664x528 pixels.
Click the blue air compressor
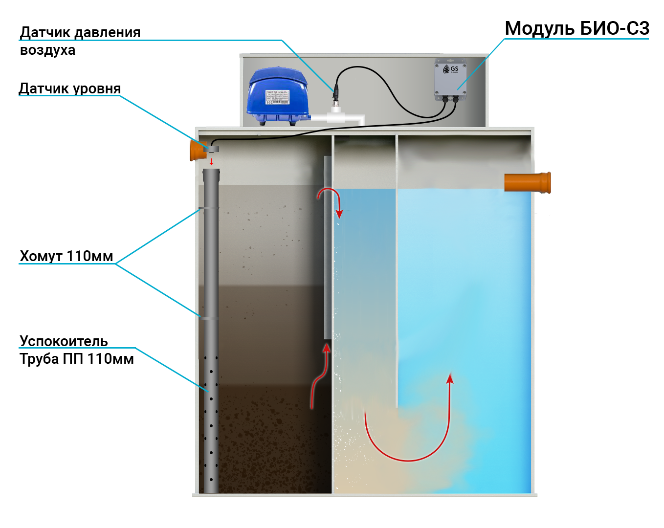coord(277,96)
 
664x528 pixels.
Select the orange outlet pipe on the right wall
coord(528,182)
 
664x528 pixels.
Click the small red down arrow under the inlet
coord(211,161)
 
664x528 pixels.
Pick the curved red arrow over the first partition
coord(330,199)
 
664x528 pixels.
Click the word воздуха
coord(47,50)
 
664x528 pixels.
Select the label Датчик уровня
coord(69,88)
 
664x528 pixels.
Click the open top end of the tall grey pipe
coord(211,171)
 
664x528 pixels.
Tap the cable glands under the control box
coord(450,99)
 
